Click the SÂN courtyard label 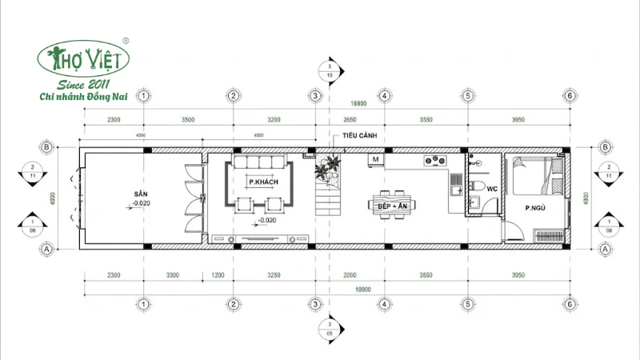[142, 194]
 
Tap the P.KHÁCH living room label [263, 183]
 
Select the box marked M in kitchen [374, 160]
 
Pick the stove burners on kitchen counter [435, 158]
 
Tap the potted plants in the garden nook [326, 168]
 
